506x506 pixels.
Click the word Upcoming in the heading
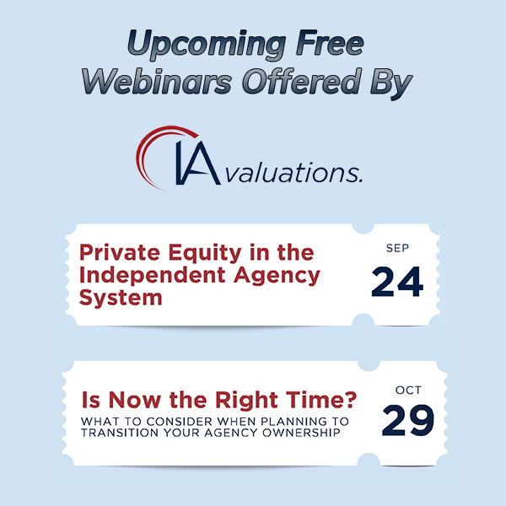tap(207, 46)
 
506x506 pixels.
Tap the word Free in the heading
tap(330, 43)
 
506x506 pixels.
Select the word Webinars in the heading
tap(157, 81)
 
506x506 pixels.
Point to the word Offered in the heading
tap(300, 81)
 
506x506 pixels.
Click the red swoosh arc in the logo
tap(145, 145)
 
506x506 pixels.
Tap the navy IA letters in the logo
tap(198, 164)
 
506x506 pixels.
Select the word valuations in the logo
tap(293, 172)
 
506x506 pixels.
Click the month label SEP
tap(397, 248)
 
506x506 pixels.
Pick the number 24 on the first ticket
tap(397, 282)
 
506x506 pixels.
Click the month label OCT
tap(408, 390)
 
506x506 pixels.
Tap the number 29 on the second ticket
tap(408, 420)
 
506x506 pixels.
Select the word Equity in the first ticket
tap(205, 255)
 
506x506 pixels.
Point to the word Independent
tap(153, 277)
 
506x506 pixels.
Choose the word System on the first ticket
tap(121, 299)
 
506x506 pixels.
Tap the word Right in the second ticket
tap(246, 401)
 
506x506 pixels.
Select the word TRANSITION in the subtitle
tap(120, 433)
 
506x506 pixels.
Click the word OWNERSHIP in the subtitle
tap(301, 433)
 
